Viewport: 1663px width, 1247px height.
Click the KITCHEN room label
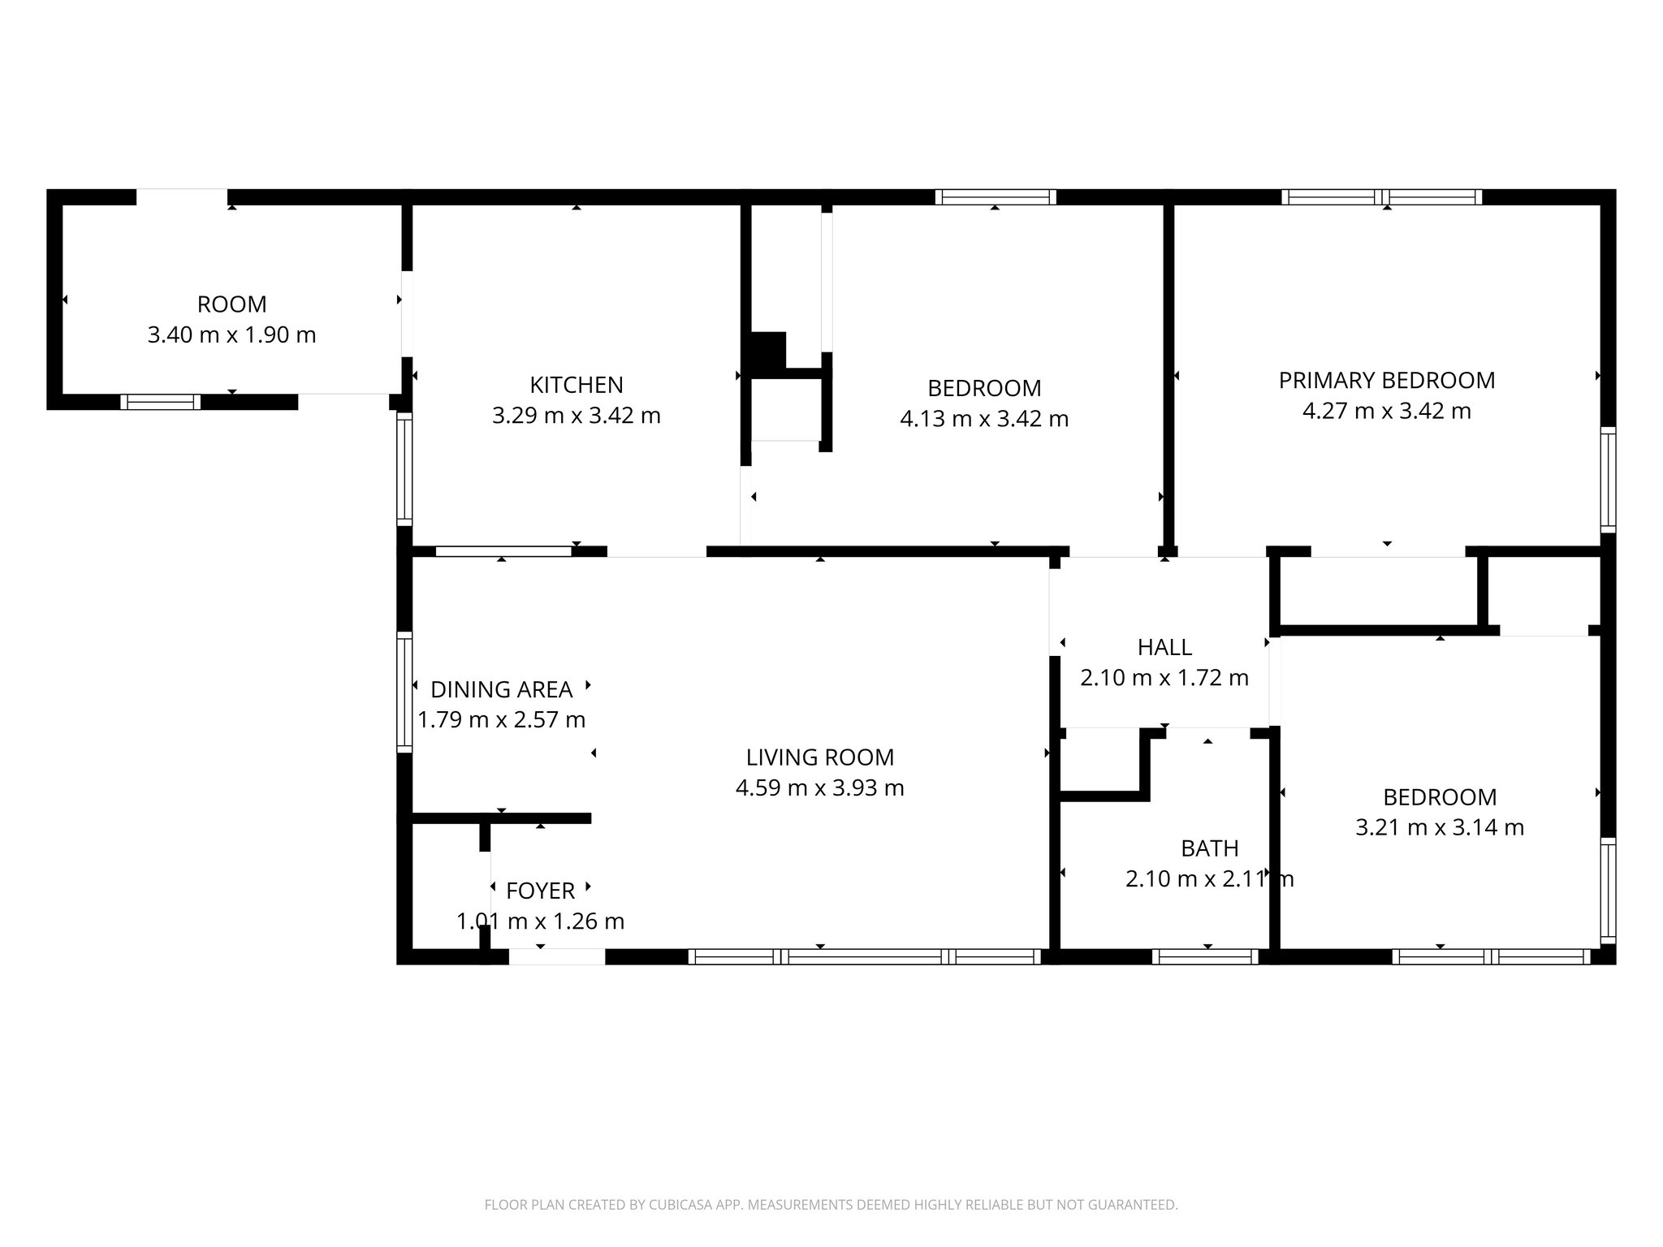click(x=576, y=385)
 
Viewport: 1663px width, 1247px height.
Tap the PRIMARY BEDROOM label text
click(x=1386, y=380)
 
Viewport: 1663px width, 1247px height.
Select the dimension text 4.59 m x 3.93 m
click(x=819, y=788)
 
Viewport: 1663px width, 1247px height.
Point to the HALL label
click(x=1164, y=647)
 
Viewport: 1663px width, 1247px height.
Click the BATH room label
click(x=1209, y=848)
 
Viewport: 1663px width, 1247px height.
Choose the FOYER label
click(x=540, y=891)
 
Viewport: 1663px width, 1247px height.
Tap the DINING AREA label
click(x=501, y=689)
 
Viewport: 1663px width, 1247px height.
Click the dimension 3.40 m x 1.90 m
click(x=231, y=334)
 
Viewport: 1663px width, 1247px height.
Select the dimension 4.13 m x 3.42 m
click(x=984, y=419)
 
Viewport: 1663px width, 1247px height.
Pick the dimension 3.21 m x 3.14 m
click(x=1440, y=827)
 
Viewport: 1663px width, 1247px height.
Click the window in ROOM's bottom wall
click(x=160, y=402)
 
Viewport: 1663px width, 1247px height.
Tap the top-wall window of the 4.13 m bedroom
click(x=995, y=197)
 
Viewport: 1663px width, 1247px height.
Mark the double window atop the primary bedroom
click(x=1381, y=197)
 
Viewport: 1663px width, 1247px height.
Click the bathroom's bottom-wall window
click(x=1205, y=956)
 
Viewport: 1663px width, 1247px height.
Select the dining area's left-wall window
click(x=404, y=692)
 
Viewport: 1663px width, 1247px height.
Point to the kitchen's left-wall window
click(x=404, y=468)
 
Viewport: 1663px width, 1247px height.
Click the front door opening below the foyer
click(x=557, y=957)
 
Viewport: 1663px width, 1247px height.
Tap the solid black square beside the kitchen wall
click(x=767, y=351)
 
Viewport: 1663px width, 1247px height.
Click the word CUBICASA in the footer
click(x=667, y=1205)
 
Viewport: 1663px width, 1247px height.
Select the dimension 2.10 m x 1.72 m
click(x=1164, y=678)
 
